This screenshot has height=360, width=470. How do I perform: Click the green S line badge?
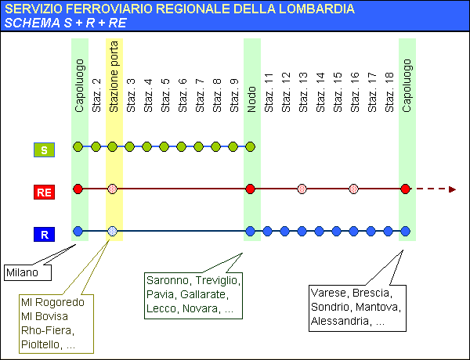[44, 149]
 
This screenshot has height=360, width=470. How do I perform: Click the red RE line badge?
[44, 192]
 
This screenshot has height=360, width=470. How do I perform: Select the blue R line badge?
[44, 234]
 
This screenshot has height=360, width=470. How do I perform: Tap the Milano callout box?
[27, 272]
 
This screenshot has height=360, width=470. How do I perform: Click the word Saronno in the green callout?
[168, 280]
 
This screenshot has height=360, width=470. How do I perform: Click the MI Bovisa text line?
[45, 316]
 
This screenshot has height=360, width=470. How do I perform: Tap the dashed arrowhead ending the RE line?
[452, 189]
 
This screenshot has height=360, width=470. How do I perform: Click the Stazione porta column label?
[114, 77]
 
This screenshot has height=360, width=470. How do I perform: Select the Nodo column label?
[251, 99]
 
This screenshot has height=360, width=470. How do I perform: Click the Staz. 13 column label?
[303, 92]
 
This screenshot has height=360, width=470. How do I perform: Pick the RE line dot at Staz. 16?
[354, 189]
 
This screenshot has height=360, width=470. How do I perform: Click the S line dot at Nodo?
[251, 147]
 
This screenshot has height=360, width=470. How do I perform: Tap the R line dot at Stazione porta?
[112, 231]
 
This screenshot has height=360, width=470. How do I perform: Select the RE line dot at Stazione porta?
[112, 189]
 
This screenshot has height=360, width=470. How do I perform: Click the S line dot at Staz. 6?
[182, 147]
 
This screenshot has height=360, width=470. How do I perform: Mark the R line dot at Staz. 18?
[389, 231]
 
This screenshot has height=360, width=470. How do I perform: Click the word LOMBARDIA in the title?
[316, 9]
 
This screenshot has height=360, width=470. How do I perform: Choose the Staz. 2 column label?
[96, 95]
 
